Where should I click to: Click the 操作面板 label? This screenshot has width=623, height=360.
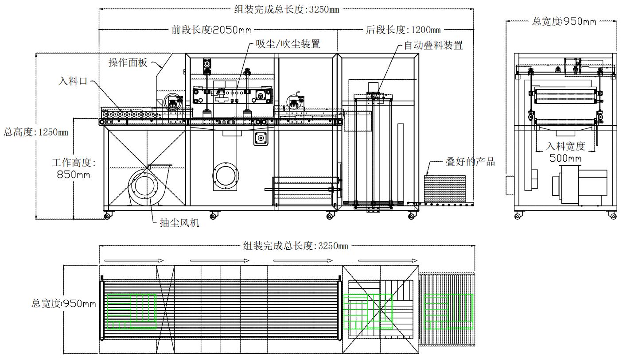(x=128, y=62)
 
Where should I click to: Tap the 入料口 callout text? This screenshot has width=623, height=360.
(x=73, y=81)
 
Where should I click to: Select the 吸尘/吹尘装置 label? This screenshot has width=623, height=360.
(x=288, y=44)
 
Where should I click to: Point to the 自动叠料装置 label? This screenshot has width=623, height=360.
(x=433, y=45)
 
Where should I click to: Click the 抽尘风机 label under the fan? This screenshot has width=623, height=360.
(x=179, y=222)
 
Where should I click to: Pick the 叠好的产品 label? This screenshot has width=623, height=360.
(x=470, y=162)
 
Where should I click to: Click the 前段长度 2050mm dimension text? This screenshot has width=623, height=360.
(x=212, y=30)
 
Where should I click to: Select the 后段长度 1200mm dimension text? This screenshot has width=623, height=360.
(x=403, y=30)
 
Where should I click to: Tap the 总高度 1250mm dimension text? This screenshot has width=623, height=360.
(x=36, y=132)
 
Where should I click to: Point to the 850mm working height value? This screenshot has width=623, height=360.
(x=73, y=174)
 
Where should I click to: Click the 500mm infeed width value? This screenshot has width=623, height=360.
(x=565, y=158)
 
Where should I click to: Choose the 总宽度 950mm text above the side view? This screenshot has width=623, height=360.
(x=564, y=21)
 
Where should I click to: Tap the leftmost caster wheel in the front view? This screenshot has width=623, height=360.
(x=107, y=216)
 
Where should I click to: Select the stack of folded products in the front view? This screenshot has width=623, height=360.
(x=444, y=188)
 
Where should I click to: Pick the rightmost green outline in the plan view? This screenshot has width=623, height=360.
(x=448, y=311)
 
